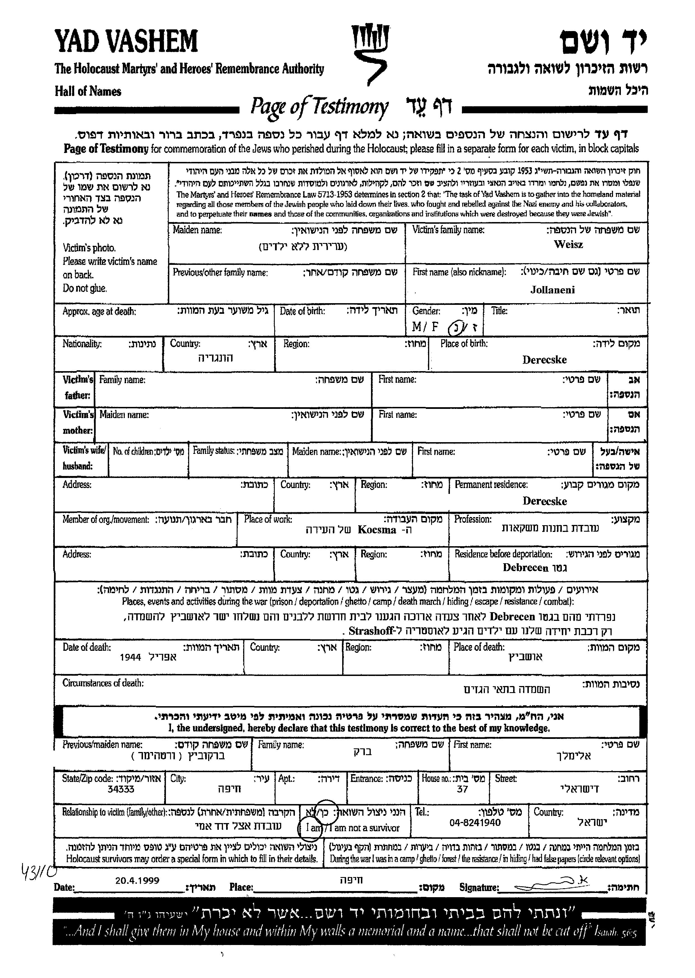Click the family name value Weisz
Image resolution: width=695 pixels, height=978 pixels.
pos(568,245)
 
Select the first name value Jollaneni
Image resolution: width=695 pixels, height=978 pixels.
pos(553,290)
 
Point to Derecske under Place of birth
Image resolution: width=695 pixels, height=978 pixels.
pos(544,360)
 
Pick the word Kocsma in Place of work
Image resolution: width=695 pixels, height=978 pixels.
pos(377,530)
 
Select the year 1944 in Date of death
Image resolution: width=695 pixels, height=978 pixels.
pos(131,657)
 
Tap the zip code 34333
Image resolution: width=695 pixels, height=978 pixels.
pos(121,789)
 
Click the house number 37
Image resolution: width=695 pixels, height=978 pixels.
pos(462,789)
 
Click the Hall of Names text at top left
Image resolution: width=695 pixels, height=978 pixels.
pos(88,91)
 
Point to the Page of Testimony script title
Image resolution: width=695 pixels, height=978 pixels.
pos(319,107)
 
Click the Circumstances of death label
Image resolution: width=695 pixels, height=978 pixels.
pos(103,683)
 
